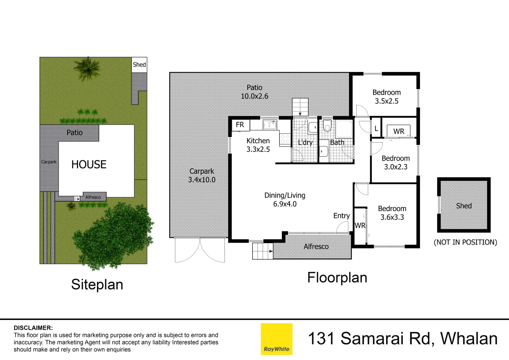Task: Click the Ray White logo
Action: (x=276, y=339)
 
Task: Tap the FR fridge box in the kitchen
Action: (x=240, y=125)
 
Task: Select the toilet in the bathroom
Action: (x=327, y=126)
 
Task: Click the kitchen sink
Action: (x=269, y=125)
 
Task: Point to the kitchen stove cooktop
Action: (x=285, y=139)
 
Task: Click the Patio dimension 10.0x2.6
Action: (x=254, y=96)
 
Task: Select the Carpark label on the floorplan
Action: (x=202, y=171)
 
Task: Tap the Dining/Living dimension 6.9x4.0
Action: (x=285, y=204)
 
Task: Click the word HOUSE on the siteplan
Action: (x=89, y=164)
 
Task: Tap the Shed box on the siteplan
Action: (x=139, y=65)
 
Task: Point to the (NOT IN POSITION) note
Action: (x=465, y=242)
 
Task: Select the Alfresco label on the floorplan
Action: (x=316, y=247)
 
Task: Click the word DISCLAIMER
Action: (x=33, y=328)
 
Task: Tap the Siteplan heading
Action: (x=97, y=285)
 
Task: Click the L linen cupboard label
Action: (x=376, y=129)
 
